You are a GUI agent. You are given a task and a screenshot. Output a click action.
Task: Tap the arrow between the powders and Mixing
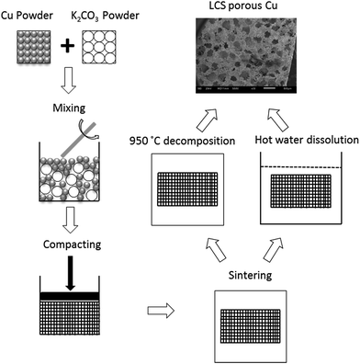point(51,86)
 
